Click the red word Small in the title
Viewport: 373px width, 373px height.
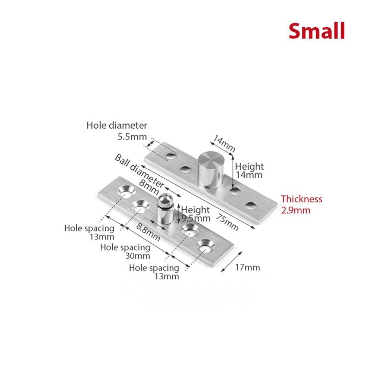pyautogui.click(x=316, y=31)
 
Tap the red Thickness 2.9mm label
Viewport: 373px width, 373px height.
pyautogui.click(x=301, y=204)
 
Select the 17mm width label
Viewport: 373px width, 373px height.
pyautogui.click(x=247, y=267)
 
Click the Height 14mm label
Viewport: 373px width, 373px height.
pyautogui.click(x=249, y=170)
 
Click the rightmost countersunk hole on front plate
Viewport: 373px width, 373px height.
pyautogui.click(x=205, y=247)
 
